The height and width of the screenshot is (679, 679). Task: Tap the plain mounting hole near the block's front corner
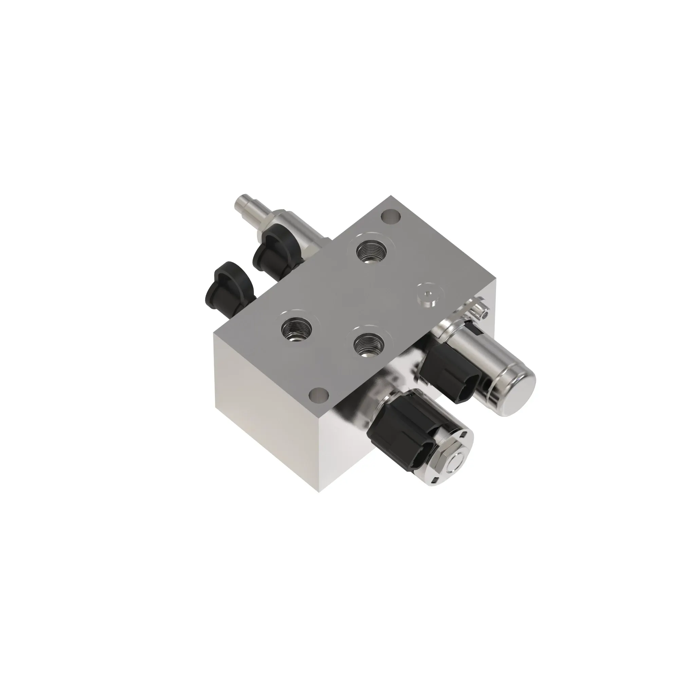coord(318,396)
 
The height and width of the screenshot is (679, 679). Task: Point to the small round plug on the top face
coord(427,295)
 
